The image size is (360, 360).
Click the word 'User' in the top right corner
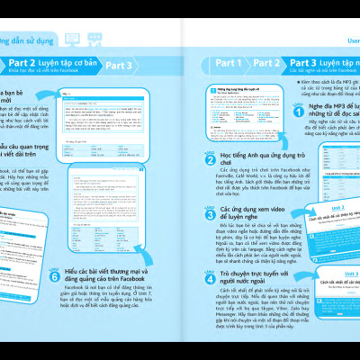click(x=348, y=40)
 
